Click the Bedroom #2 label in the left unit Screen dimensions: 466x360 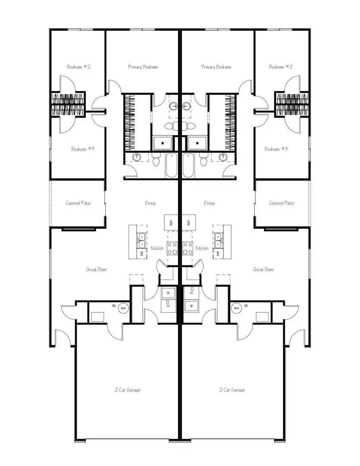pyautogui.click(x=78, y=67)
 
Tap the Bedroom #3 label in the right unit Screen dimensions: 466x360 pyautogui.click(x=276, y=149)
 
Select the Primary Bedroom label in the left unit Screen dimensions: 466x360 pyautogui.click(x=143, y=67)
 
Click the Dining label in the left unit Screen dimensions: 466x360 pyautogui.click(x=150, y=203)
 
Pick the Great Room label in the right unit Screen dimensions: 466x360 pyautogui.click(x=263, y=270)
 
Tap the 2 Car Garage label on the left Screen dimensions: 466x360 pyautogui.click(x=127, y=390)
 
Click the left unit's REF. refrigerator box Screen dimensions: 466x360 pyautogui.click(x=171, y=223)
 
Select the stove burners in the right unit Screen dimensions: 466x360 pyautogui.click(x=188, y=248)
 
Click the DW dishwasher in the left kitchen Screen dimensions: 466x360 pyautogui.click(x=142, y=254)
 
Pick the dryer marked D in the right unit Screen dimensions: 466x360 pyautogui.click(x=191, y=293)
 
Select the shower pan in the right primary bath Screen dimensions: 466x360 pyautogui.click(x=197, y=142)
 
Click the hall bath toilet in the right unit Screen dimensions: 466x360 pyautogui.click(x=203, y=161)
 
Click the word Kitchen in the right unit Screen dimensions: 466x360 pyautogui.click(x=202, y=248)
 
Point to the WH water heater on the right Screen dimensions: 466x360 pyautogui.click(x=236, y=309)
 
